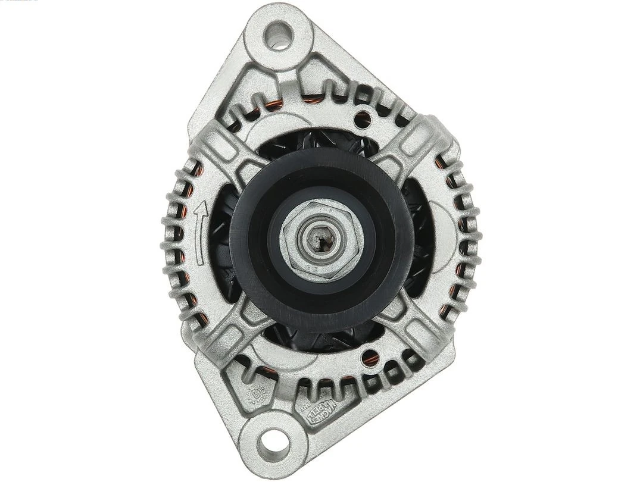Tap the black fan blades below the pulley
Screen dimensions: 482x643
[x=316, y=339]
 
